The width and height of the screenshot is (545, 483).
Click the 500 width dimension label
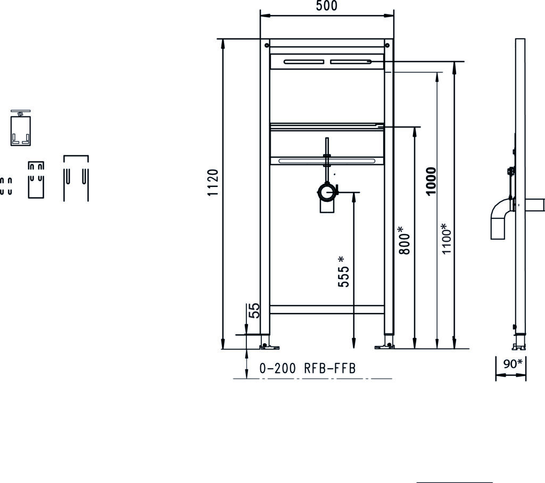click(326, 6)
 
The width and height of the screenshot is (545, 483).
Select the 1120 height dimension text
click(213, 182)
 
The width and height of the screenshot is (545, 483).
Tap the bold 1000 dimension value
click(431, 181)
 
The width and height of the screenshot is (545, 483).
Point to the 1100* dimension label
click(447, 239)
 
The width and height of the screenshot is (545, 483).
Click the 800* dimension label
click(404, 240)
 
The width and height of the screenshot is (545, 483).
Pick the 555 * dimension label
click(343, 272)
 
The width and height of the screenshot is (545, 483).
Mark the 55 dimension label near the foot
click(255, 310)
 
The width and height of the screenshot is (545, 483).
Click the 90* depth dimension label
click(513, 363)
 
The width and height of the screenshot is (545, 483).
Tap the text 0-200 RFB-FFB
click(308, 368)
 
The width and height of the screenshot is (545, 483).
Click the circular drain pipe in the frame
click(327, 192)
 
